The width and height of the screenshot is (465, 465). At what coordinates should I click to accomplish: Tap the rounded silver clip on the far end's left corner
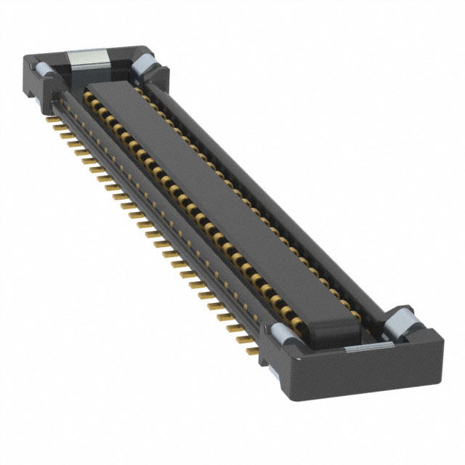coord(41,70)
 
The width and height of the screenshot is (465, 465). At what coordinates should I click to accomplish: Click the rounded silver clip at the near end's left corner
coord(281,333)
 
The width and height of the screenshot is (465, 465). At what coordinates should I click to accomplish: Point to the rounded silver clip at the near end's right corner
coord(399,321)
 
